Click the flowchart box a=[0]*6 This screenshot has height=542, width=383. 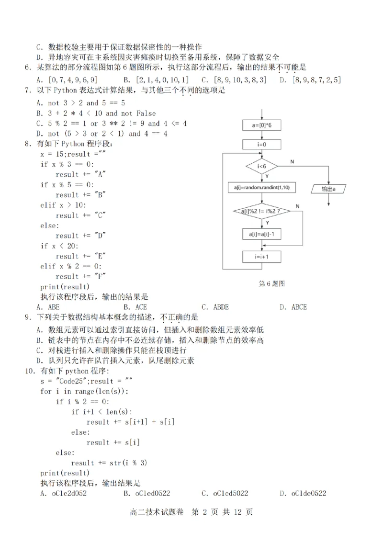point(261,126)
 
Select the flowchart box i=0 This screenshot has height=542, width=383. point(261,144)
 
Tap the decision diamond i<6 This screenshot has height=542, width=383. point(261,166)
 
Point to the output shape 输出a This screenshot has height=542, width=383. point(328,189)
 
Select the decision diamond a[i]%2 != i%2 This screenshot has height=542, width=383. point(261,211)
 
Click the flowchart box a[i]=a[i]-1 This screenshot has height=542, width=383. point(261,235)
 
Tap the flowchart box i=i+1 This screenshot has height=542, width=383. point(261,257)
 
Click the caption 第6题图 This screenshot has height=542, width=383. point(271,283)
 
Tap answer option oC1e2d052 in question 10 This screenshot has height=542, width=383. point(63,493)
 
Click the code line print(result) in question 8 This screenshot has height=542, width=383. point(66,286)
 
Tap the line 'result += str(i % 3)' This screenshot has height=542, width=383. point(115,463)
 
